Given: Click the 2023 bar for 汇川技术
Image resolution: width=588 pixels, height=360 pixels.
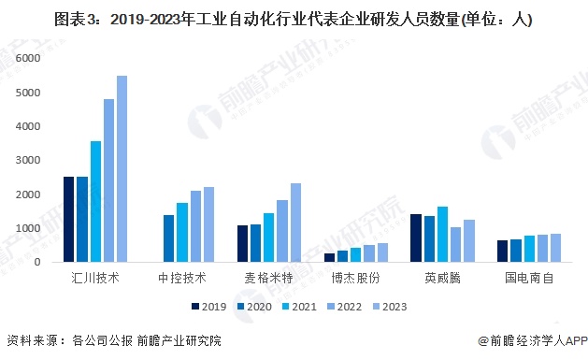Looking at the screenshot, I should point(122,169).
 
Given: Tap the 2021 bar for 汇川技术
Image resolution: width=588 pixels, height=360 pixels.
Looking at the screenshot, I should point(95,202).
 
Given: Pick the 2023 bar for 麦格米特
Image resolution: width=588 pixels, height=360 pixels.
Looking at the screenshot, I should point(296,223).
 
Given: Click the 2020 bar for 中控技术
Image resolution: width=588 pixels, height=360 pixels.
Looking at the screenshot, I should point(169,238).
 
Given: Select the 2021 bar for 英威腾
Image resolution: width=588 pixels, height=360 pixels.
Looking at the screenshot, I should point(442,235).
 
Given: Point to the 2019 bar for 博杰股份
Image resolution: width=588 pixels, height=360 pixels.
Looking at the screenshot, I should point(329,258).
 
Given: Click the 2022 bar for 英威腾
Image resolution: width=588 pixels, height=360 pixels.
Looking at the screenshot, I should point(455,245).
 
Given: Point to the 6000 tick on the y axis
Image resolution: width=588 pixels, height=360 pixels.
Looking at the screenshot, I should point(31,58).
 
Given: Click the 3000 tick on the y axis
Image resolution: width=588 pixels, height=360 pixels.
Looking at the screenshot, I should point(31,161).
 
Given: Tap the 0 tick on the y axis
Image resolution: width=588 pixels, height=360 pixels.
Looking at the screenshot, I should point(38,263).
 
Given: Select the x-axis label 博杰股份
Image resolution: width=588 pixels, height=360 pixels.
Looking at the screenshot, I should point(349,279).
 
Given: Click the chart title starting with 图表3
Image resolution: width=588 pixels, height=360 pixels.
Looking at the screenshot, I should point(293,18).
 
